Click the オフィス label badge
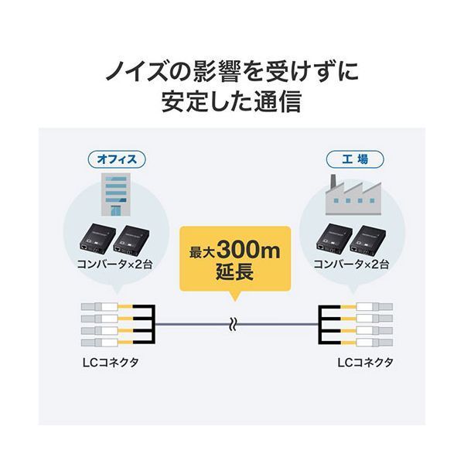pos(116,160)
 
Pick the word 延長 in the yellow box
pos(231,273)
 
